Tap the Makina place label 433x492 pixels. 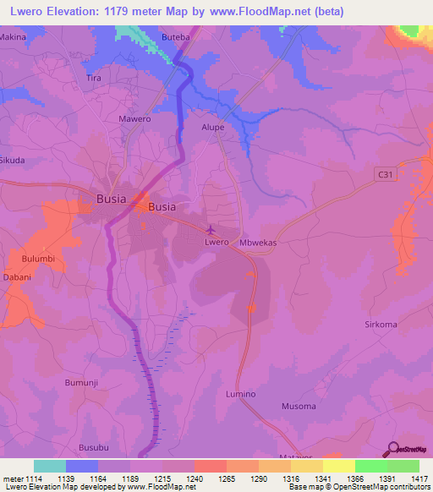click(13, 38)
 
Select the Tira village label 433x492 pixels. click(94, 78)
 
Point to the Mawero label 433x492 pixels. click(134, 119)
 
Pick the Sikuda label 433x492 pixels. click(12, 159)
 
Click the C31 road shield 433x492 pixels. click(386, 173)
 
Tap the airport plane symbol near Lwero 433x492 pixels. click(211, 229)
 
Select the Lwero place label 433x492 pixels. click(217, 242)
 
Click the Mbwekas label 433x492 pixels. click(259, 242)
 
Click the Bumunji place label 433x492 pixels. click(82, 383)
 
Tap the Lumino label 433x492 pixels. click(240, 394)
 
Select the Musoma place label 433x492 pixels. click(299, 407)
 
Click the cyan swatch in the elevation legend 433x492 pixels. click(49, 466)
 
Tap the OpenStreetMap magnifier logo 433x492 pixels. click(392, 448)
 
